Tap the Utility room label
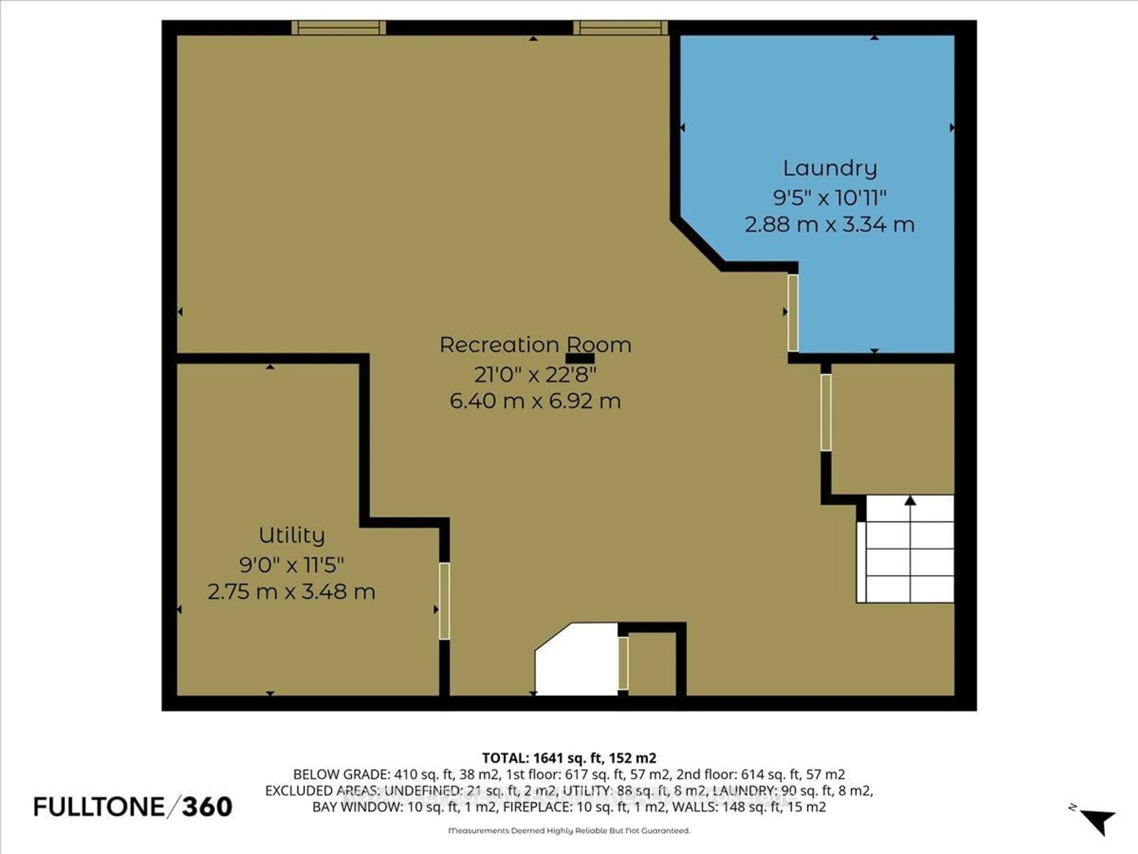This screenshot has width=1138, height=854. tap(291, 535)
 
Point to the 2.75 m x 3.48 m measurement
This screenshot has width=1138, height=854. tap(291, 592)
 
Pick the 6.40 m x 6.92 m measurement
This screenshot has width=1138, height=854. tap(535, 401)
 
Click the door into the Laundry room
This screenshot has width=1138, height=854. tap(793, 313)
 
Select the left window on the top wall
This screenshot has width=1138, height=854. tap(338, 28)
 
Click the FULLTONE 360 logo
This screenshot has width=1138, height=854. tap(133, 807)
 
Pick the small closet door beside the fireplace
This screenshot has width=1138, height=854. tap(623, 663)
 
